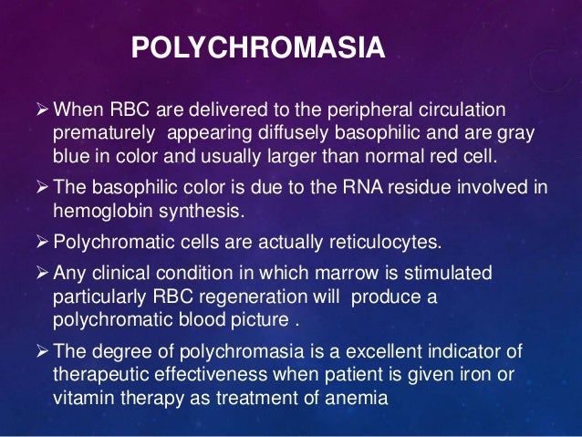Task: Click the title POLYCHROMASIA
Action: pos(258,48)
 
